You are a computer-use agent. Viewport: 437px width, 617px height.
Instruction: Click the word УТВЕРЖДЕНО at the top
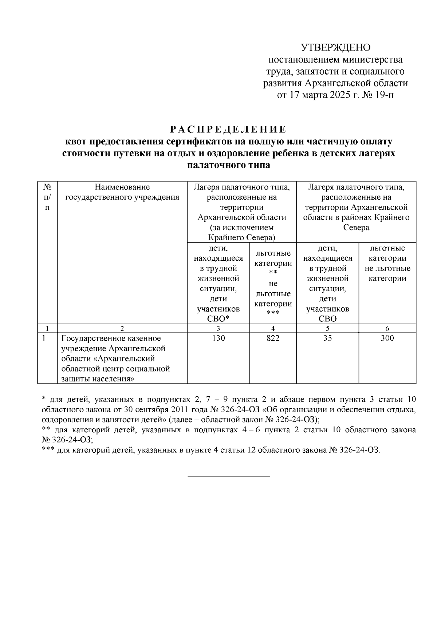[335, 48]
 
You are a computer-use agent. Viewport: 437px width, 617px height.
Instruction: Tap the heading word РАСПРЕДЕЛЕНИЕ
[228, 129]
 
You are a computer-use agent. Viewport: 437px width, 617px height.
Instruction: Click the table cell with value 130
[218, 338]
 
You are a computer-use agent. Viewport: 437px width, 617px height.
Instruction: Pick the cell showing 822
[273, 338]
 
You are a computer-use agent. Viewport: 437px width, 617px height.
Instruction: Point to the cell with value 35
[327, 338]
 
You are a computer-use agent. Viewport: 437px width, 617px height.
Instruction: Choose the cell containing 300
[387, 338]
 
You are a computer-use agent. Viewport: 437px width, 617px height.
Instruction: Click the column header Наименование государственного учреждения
[122, 192]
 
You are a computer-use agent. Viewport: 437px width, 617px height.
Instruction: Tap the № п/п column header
[47, 197]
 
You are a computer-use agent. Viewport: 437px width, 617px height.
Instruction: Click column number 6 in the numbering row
[387, 328]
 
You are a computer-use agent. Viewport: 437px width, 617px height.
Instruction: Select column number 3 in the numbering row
[218, 328]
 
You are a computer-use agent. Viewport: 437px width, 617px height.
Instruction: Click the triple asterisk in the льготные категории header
[273, 313]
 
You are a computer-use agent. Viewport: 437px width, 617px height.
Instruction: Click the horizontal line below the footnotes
[229, 476]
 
